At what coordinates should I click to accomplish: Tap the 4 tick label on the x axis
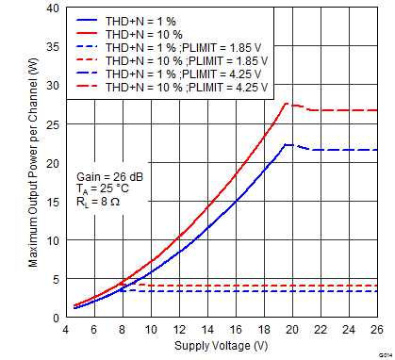(x=65, y=331)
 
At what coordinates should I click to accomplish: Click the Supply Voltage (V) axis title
(x=221, y=347)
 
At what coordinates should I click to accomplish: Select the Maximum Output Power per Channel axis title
(x=33, y=162)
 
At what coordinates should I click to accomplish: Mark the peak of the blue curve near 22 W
(x=287, y=145)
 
